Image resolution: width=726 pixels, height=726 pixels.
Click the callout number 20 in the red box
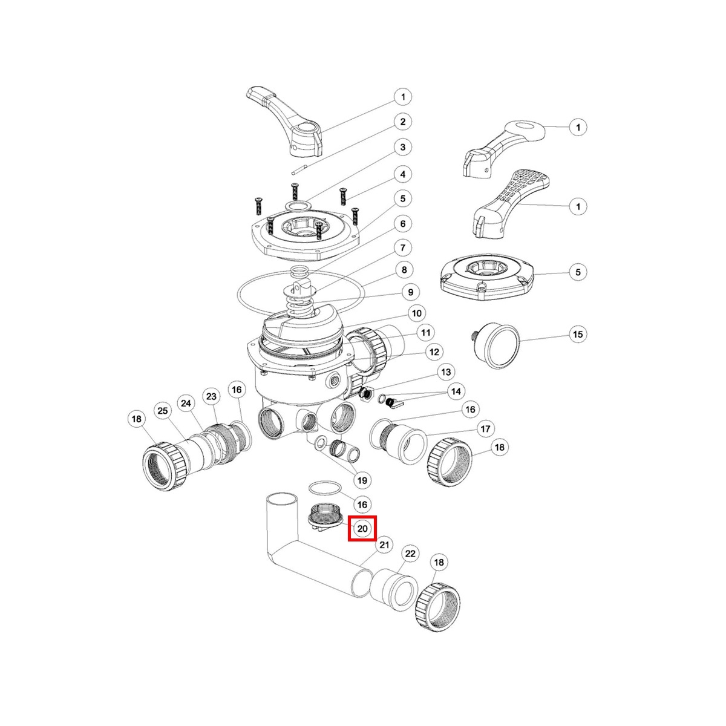(x=362, y=528)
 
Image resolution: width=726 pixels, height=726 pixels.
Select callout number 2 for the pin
(x=402, y=122)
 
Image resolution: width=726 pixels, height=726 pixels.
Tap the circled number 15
(x=578, y=334)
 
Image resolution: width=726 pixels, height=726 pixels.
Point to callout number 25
(x=162, y=411)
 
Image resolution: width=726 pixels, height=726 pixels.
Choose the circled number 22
(x=410, y=554)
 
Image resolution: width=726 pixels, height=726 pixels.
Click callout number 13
(x=446, y=371)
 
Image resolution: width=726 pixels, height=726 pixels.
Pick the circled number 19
(x=362, y=481)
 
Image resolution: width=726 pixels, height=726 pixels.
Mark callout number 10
(x=416, y=313)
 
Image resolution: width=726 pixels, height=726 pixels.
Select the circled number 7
(x=402, y=247)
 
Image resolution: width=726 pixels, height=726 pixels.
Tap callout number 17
(x=485, y=429)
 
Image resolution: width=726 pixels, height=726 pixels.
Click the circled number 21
(x=384, y=544)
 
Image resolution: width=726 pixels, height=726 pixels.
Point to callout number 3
(x=402, y=147)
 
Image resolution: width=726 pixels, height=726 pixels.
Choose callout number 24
(x=186, y=403)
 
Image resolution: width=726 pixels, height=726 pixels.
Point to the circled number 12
(x=434, y=352)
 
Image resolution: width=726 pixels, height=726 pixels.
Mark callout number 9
(x=410, y=292)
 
